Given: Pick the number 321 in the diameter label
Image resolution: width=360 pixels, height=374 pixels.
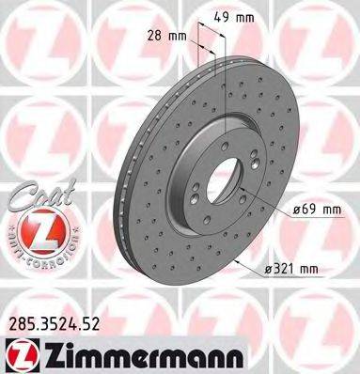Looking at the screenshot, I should (288, 269).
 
